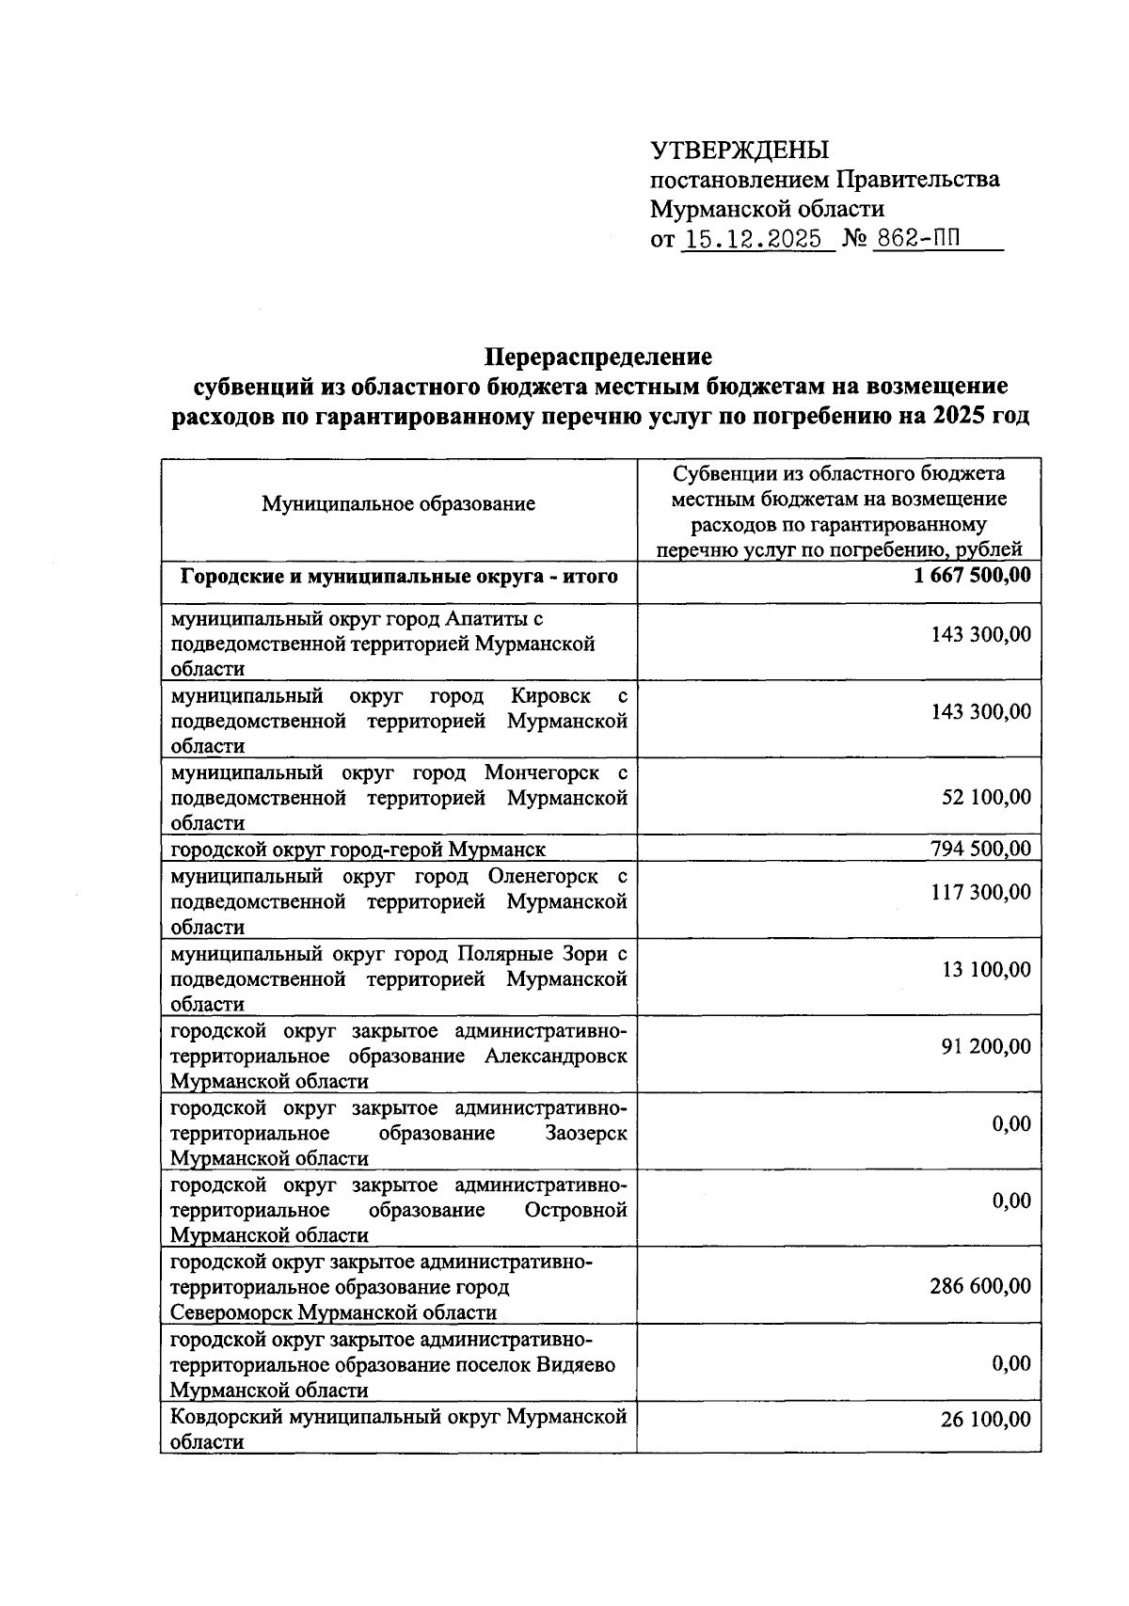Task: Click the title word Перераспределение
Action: point(598,358)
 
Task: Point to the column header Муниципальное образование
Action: point(398,504)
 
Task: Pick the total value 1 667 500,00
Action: point(972,575)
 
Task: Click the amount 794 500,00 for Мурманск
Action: point(980,850)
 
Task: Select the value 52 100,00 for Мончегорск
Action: point(986,797)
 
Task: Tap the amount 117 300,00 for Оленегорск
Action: point(980,891)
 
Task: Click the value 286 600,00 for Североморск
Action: point(980,1286)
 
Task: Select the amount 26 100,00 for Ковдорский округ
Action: point(986,1419)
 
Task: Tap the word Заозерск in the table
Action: point(586,1133)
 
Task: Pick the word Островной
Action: point(577,1210)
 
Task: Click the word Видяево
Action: point(581,1364)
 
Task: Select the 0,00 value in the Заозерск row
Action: point(1011,1123)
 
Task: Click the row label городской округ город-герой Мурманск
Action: point(358,851)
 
